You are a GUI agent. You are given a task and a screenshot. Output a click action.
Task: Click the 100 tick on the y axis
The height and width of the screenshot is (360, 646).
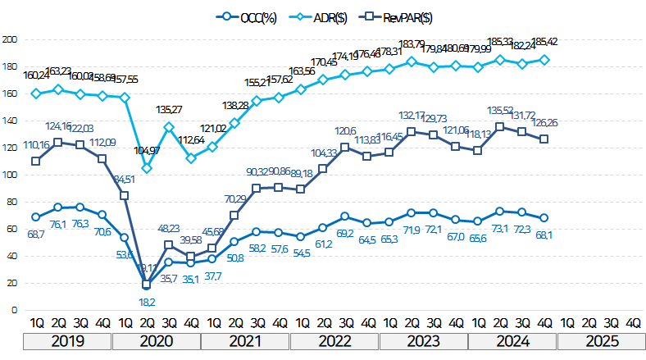[x=10, y=175]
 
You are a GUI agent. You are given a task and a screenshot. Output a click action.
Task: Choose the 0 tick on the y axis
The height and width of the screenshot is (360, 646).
[x=15, y=310]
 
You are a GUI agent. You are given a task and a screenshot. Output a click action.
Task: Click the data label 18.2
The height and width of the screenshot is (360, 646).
[x=147, y=301]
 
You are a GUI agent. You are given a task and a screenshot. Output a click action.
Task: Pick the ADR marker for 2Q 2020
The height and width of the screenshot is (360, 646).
[x=147, y=168]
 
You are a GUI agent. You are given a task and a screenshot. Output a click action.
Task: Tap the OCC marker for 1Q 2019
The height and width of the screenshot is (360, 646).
[x=36, y=217]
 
